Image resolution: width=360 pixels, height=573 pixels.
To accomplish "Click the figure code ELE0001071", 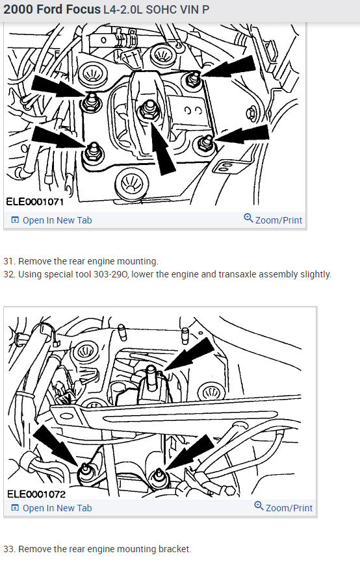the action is pyautogui.click(x=35, y=201).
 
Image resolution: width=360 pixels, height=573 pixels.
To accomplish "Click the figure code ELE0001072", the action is pyautogui.click(x=36, y=494).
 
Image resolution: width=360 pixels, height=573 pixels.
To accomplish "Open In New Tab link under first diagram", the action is pyautogui.click(x=51, y=220).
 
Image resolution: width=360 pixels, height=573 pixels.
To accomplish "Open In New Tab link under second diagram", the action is pyautogui.click(x=51, y=508).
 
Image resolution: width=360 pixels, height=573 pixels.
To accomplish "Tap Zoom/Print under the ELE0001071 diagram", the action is pyautogui.click(x=273, y=220).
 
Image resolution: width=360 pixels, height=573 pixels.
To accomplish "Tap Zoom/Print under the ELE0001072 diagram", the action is pyautogui.click(x=283, y=507).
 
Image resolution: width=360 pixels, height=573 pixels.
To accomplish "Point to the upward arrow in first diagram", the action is pyautogui.click(x=161, y=148).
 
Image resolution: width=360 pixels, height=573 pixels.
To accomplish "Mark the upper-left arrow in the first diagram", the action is pyautogui.click(x=59, y=87).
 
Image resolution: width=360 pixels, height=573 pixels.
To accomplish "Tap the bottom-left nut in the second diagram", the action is pyautogui.click(x=86, y=472).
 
